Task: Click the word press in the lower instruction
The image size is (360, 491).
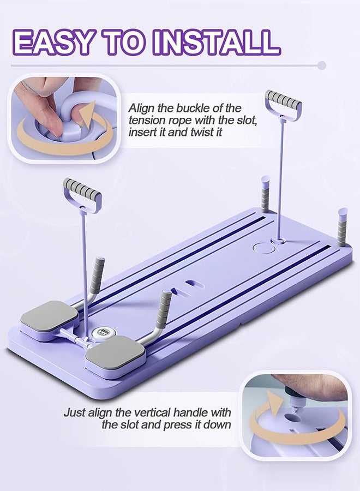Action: (x=180, y=424)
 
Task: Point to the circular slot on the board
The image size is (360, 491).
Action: (x=265, y=248)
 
